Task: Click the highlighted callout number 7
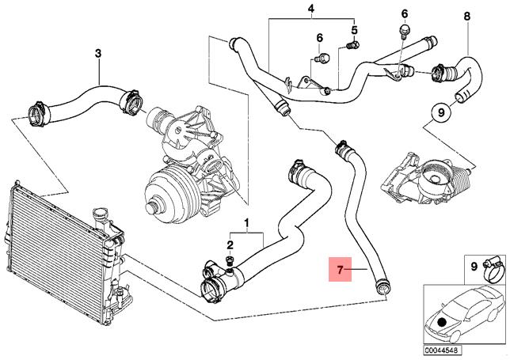pos(340,269)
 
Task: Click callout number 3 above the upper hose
pos(98,53)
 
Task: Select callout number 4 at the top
pos(311,9)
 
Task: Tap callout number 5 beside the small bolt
pos(354,30)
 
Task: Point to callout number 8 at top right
pos(467,16)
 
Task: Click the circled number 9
pos(441,112)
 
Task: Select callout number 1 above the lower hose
pos(247,223)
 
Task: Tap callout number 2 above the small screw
pos(230,244)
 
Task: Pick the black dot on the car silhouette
pos(441,322)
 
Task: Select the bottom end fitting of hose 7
pos(382,287)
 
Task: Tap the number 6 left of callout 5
pos(320,38)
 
